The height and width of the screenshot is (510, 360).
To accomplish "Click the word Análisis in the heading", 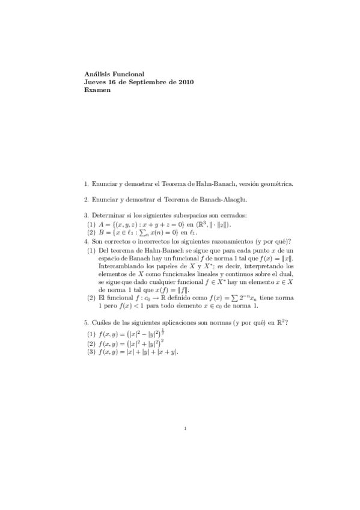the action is coord(96,74).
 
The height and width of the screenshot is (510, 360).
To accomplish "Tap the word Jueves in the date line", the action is coord(95,82).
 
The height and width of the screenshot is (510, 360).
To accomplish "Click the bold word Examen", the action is coord(97,90).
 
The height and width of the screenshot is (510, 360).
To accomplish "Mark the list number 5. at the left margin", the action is coord(87,322).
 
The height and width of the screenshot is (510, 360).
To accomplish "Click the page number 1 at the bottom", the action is coord(186,429).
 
